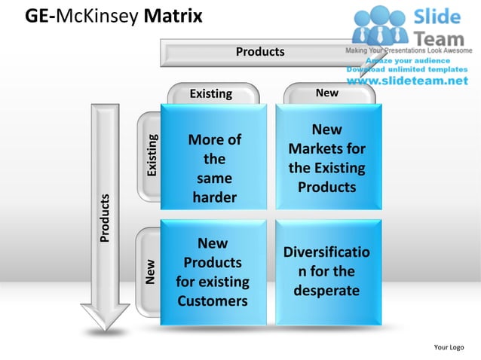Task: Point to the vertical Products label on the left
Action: [106, 218]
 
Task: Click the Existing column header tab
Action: [211, 93]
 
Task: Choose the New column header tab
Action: [327, 93]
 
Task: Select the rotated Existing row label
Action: [152, 156]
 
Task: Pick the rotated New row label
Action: [151, 271]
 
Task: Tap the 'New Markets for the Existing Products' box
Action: [328, 157]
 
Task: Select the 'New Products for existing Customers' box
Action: [213, 272]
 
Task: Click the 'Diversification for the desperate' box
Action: [328, 272]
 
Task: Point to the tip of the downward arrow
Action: [106, 328]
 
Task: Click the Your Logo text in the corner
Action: [449, 347]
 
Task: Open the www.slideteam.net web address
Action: [412, 81]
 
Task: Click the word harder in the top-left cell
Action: [214, 198]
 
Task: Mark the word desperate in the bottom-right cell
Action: [326, 291]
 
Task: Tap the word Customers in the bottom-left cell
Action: [213, 301]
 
